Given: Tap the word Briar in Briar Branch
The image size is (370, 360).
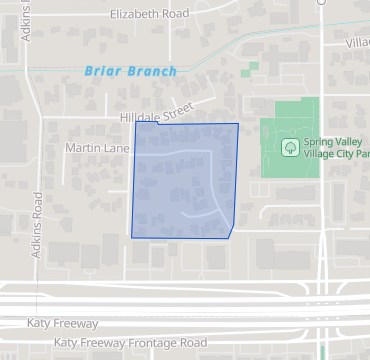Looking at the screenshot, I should (105, 71).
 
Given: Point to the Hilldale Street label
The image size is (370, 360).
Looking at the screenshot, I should (156, 116).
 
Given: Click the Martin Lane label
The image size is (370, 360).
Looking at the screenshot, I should (98, 147).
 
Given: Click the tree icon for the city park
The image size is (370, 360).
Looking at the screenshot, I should (289, 147).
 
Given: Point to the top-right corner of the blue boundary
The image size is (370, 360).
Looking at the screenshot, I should (238, 124).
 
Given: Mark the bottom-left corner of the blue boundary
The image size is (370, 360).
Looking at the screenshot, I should (132, 237).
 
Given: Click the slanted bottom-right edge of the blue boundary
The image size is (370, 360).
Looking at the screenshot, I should (232, 232).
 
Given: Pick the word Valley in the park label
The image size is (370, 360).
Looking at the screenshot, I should (353, 141).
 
